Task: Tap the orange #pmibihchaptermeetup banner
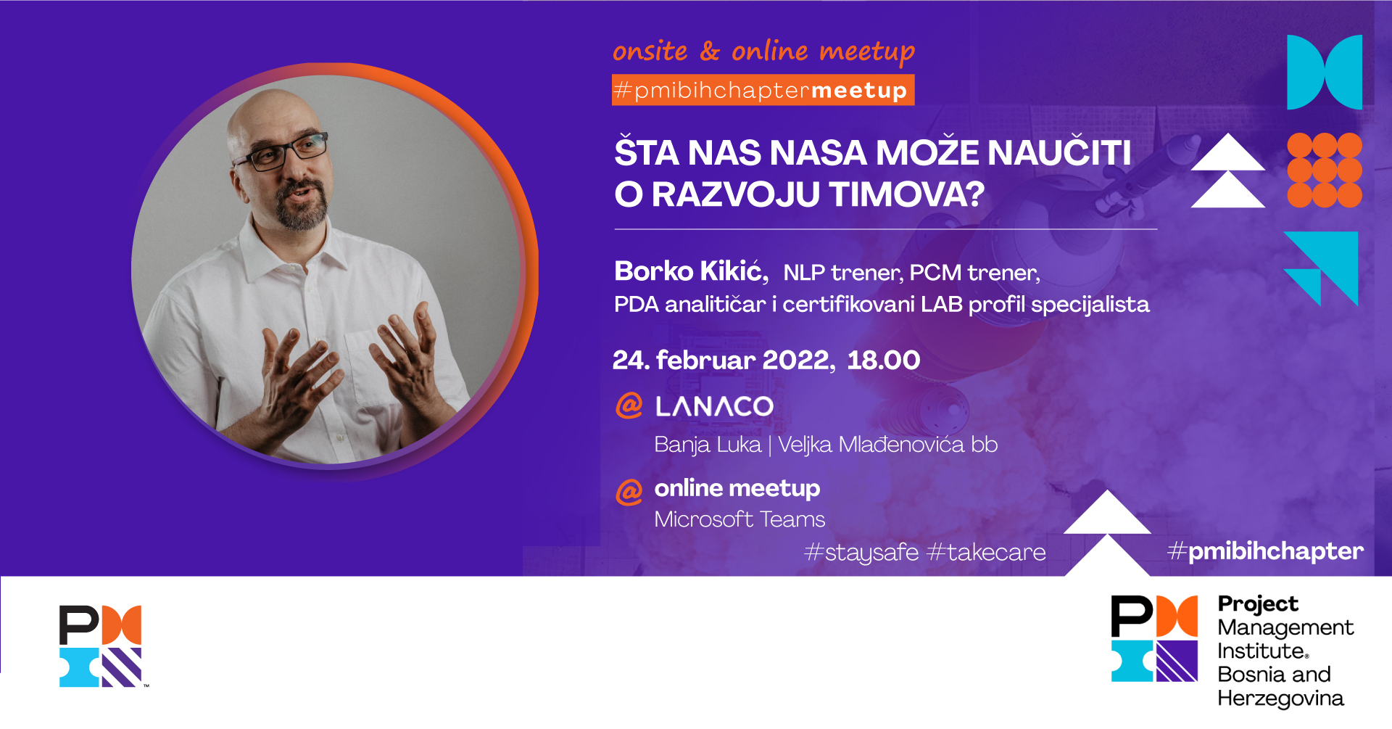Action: (x=763, y=90)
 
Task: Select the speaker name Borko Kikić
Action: (x=691, y=271)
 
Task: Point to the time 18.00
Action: (x=884, y=360)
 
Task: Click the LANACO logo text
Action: (x=714, y=406)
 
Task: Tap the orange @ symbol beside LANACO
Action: (x=629, y=405)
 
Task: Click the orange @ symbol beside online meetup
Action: (x=629, y=492)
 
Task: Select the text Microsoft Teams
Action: (x=739, y=519)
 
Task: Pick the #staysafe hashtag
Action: (x=861, y=553)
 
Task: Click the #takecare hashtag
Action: (x=987, y=553)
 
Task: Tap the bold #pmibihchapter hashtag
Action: (x=1266, y=551)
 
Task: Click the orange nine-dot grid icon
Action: (x=1325, y=170)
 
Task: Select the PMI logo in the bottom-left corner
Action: (x=102, y=646)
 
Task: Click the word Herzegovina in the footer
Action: (x=1280, y=699)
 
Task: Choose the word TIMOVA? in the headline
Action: (x=907, y=194)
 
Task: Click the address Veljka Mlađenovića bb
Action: (x=888, y=444)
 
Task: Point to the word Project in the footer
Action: (x=1258, y=604)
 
